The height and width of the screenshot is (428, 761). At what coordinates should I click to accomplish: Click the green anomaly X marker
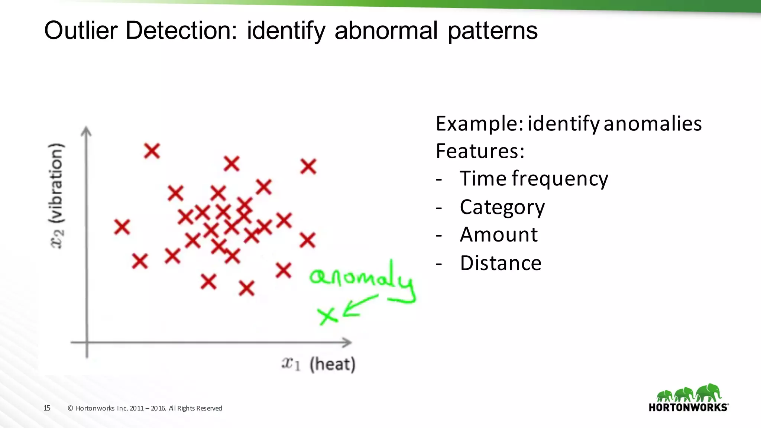tap(327, 316)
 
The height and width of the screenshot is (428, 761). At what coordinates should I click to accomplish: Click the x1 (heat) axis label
tap(318, 364)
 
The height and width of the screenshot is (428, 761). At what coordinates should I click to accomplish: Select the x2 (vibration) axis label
tap(57, 196)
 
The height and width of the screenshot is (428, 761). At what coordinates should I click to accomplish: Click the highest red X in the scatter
tap(152, 151)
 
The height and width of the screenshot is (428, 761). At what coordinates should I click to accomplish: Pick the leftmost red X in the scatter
tap(122, 227)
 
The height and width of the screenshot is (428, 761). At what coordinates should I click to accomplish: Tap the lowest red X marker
tap(247, 288)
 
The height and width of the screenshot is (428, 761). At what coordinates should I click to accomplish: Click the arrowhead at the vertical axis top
tap(86, 131)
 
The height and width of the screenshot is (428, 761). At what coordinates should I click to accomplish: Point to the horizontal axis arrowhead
tap(347, 342)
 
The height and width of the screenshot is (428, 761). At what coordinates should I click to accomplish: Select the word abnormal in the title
tap(386, 30)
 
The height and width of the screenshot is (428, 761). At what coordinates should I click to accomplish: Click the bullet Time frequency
tap(534, 179)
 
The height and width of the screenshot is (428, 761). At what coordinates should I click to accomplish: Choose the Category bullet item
tap(502, 207)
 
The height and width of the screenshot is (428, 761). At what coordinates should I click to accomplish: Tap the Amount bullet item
tap(499, 235)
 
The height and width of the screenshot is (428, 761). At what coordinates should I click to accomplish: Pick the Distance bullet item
tap(501, 263)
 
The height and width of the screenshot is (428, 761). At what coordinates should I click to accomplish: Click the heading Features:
tap(480, 151)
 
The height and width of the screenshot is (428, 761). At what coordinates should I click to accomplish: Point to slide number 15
tap(47, 408)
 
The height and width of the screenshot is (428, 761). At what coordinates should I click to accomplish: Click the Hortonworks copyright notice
tap(145, 408)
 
